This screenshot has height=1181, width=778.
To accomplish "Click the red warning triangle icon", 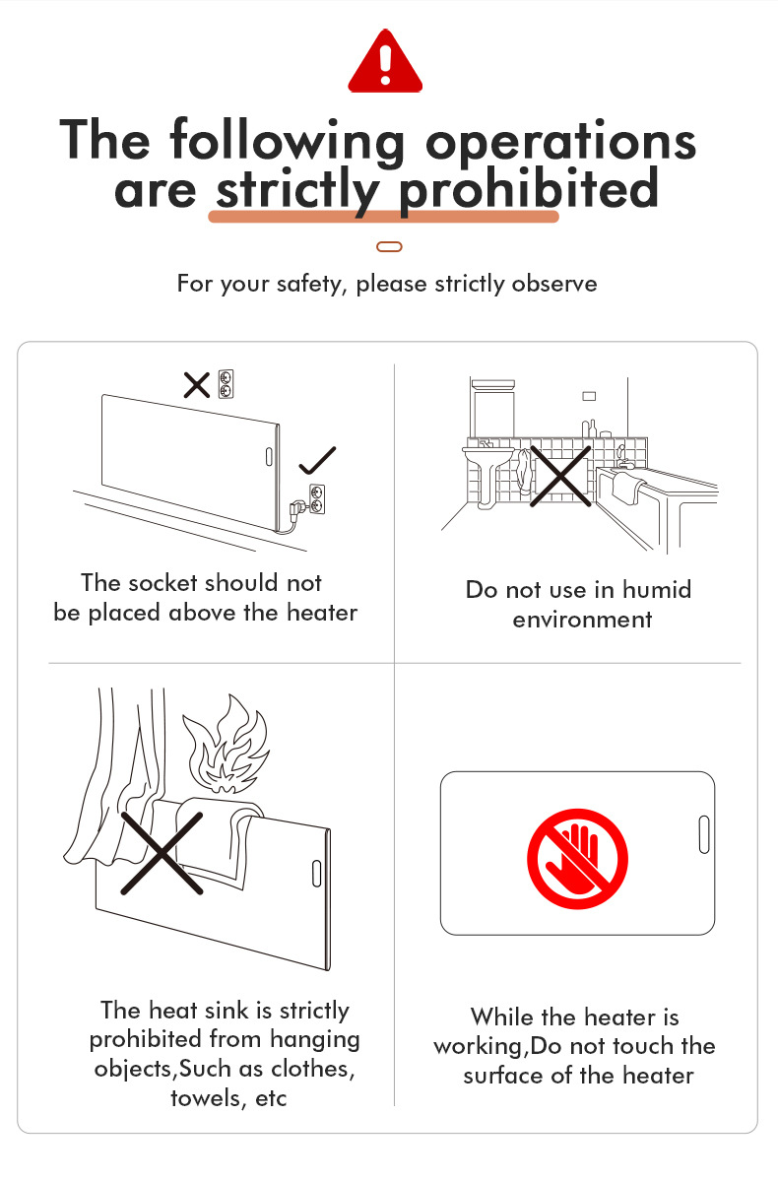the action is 385,62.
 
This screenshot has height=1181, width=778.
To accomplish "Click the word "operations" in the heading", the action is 560,141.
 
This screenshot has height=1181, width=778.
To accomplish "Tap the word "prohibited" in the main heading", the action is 529,190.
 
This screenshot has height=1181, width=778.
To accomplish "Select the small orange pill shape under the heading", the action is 389,246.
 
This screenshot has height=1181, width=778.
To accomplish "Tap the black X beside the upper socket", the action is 197,385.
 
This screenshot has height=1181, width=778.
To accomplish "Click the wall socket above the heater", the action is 226,384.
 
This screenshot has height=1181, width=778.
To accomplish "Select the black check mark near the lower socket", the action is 317,460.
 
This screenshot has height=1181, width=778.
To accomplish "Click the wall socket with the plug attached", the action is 317,499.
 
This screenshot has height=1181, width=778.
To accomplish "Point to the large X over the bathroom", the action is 559,476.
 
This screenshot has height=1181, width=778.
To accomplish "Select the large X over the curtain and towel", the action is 162,853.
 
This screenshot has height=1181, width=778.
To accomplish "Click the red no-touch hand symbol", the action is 577,859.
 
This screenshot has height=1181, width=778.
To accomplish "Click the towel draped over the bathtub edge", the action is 629,487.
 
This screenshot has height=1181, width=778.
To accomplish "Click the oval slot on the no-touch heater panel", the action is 704,834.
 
